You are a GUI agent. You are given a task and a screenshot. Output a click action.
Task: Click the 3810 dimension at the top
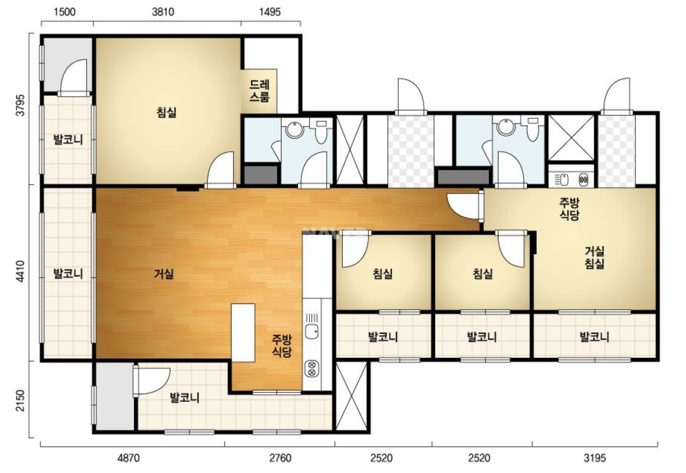[x=163, y=12]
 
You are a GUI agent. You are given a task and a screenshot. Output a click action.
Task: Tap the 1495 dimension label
[x=270, y=12]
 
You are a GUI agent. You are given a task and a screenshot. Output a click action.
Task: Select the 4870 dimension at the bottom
[x=128, y=458]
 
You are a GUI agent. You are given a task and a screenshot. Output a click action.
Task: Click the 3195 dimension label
[x=594, y=458]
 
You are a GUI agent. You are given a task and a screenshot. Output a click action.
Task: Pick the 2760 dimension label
[x=280, y=458]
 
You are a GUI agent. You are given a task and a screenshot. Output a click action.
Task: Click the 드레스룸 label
[x=260, y=91]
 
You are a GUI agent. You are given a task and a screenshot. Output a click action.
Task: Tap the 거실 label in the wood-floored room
[x=164, y=274]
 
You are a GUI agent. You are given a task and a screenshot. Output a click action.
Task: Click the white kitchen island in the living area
[x=243, y=333]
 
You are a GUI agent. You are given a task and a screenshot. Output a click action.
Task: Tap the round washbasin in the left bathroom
[x=295, y=129]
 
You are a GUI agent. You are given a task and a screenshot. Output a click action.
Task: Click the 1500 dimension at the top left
[x=64, y=12]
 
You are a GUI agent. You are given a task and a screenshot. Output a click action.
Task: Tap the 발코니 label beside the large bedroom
[x=68, y=140]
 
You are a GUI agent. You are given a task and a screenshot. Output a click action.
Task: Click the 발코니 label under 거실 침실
[x=594, y=337]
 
